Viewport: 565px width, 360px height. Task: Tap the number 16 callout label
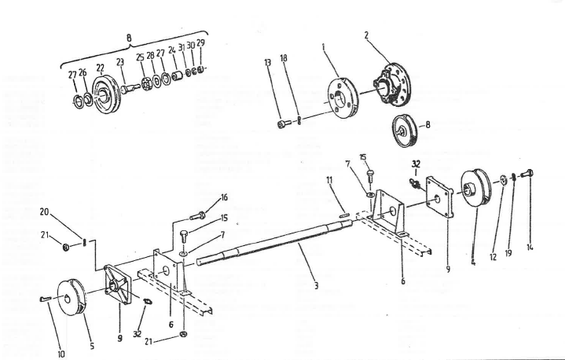point(224,197)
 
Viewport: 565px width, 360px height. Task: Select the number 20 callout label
point(45,212)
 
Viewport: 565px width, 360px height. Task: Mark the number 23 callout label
point(120,61)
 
